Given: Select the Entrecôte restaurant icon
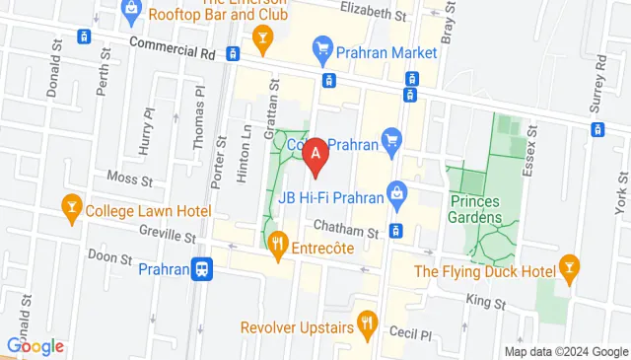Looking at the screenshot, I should click(280, 244).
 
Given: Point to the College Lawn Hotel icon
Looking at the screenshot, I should click(71, 209).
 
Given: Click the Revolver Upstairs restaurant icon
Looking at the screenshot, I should click(367, 321).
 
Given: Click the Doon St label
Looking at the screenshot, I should click(111, 258).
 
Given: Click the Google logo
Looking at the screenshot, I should click(35, 346).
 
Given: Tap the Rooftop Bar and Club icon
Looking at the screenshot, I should click(261, 39).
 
